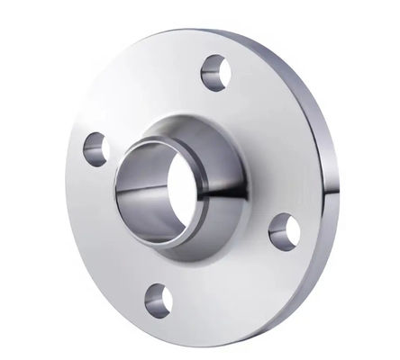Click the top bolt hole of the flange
pos(214,72)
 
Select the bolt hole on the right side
pos(283,229)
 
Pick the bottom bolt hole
pos(159,300)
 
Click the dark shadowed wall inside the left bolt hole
pos(91,145)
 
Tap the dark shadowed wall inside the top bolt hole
pos(209,67)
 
